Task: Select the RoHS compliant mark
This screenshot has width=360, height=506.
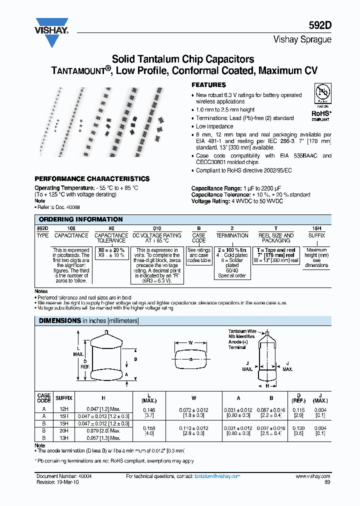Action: click(x=320, y=115)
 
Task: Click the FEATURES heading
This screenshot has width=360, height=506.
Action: click(x=208, y=85)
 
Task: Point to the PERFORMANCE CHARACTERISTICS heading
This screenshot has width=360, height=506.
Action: click(x=91, y=178)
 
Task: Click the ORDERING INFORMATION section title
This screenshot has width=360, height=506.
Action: click(x=80, y=219)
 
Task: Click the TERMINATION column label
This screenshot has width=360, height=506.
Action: click(x=232, y=235)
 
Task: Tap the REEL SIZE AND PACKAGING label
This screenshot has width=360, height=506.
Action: click(x=275, y=237)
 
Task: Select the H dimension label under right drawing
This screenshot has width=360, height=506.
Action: click(x=267, y=386)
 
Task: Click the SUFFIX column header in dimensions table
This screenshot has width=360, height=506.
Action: click(x=63, y=398)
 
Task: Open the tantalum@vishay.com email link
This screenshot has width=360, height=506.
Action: click(x=217, y=476)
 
